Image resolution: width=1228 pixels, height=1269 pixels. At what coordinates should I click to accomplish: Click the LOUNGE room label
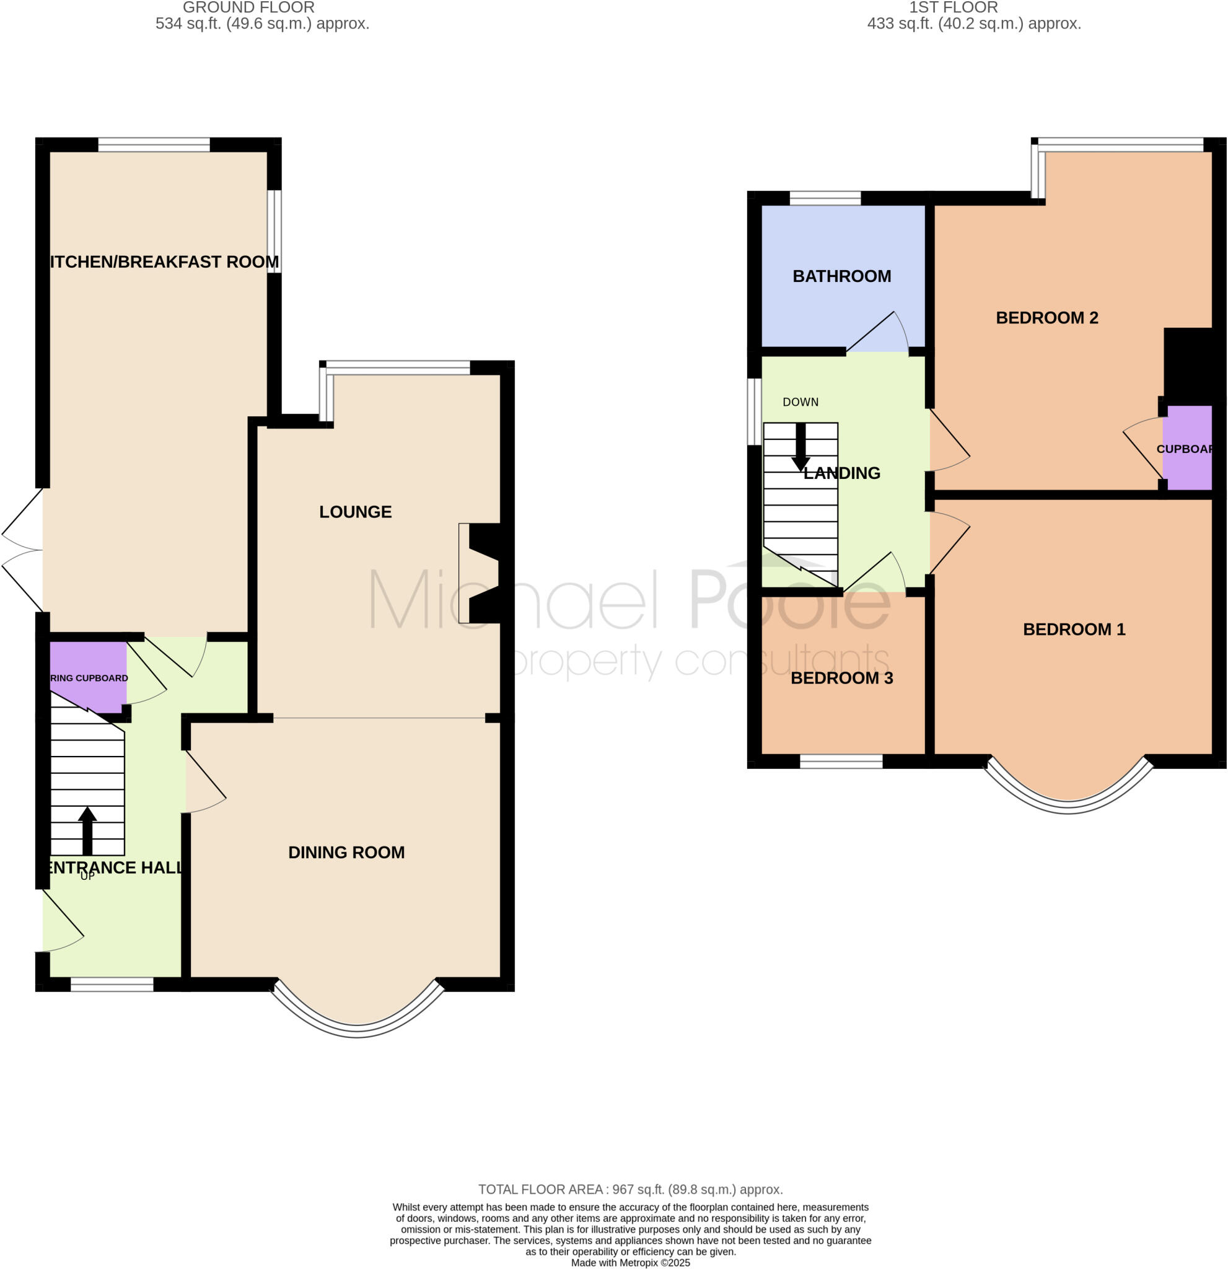click(x=356, y=512)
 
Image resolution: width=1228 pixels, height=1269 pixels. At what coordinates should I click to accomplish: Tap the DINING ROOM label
click(x=346, y=853)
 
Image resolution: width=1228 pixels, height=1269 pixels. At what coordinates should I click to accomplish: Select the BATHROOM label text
click(x=841, y=276)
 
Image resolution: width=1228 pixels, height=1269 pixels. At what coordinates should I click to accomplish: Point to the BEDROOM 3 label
click(x=841, y=678)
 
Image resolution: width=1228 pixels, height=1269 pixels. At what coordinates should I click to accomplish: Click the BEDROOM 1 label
click(x=1074, y=630)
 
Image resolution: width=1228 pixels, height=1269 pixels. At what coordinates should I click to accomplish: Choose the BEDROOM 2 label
click(x=1046, y=318)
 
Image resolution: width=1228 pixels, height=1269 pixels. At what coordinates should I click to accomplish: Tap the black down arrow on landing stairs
click(x=800, y=447)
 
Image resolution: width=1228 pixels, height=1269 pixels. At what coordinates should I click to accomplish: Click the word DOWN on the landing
click(x=800, y=402)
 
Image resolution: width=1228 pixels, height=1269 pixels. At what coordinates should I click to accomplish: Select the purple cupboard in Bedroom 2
click(x=1186, y=448)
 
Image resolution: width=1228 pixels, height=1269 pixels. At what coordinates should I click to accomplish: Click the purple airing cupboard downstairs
click(x=87, y=677)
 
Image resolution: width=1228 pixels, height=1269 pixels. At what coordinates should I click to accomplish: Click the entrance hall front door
click(x=61, y=922)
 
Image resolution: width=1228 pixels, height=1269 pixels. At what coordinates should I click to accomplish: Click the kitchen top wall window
click(x=154, y=144)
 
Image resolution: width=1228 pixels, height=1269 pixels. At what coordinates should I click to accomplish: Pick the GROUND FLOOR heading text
click(x=248, y=8)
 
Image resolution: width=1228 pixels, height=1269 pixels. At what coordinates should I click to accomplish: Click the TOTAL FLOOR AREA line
click(x=631, y=1189)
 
